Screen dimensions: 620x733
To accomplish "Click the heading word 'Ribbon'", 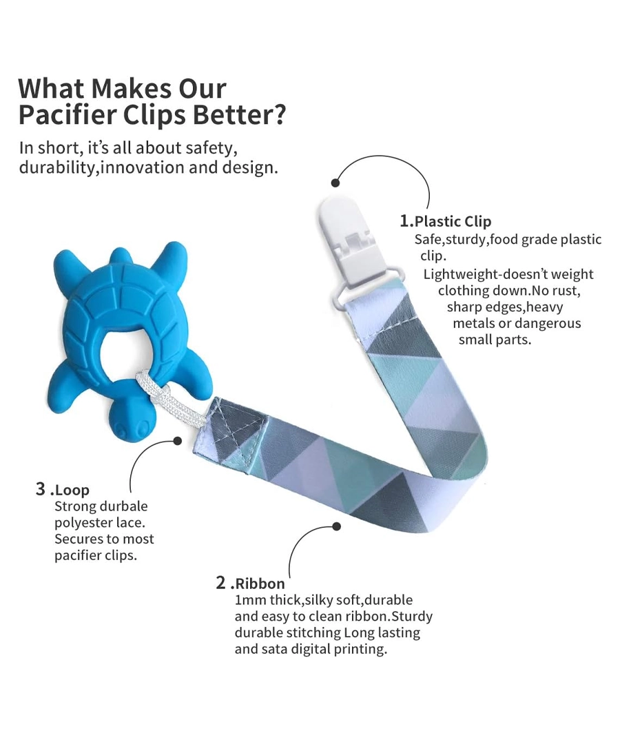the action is tap(260, 584).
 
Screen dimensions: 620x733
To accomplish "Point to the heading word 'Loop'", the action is tap(72, 491).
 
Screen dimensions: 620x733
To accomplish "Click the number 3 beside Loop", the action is tap(41, 489).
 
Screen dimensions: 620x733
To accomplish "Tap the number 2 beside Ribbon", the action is tap(220, 583).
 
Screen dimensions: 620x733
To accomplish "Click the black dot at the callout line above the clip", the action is tap(335, 183).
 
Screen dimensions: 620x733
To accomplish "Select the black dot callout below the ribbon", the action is tap(336, 526).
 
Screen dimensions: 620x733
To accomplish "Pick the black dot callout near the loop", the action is tap(178, 440).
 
